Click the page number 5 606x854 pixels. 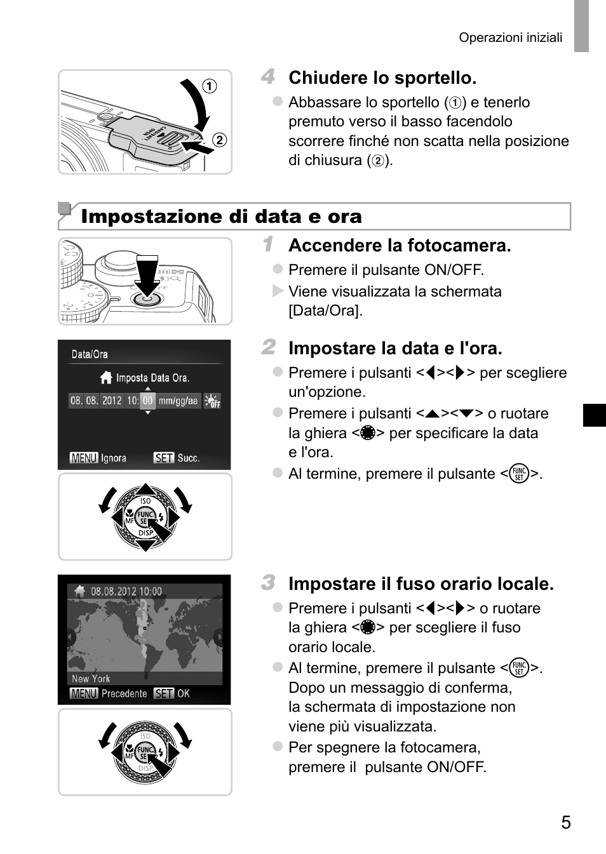(x=566, y=822)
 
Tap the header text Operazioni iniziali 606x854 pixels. (x=511, y=37)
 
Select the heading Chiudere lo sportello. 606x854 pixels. (x=382, y=77)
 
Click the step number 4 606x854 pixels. (x=268, y=76)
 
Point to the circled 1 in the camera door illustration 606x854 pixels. (x=210, y=86)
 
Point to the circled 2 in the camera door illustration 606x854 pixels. (x=219, y=140)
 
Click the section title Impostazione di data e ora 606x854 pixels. (x=221, y=216)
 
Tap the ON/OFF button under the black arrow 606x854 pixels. (x=147, y=299)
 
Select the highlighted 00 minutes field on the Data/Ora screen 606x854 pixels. (x=147, y=401)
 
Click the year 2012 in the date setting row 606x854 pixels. (x=112, y=401)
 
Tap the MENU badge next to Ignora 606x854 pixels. (x=84, y=458)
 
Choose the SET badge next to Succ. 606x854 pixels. (x=164, y=458)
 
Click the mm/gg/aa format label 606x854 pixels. (x=178, y=401)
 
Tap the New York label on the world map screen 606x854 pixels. (x=91, y=679)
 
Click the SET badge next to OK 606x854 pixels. (x=164, y=693)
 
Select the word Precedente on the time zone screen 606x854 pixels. (x=125, y=693)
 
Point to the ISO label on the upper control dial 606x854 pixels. (x=145, y=500)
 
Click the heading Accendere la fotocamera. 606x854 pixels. (x=400, y=245)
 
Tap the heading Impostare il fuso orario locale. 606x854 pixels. (x=421, y=584)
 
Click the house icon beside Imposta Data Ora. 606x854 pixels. (x=106, y=377)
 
